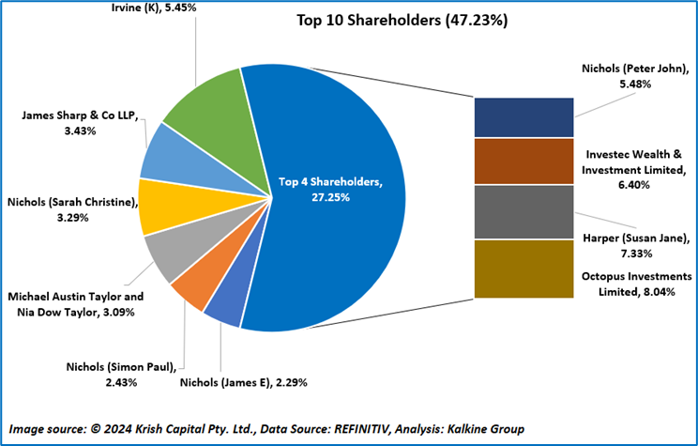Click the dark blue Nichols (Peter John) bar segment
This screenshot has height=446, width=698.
523,117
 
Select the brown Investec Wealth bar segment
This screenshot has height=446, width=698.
523,161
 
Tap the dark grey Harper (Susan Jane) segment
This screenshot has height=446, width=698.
523,212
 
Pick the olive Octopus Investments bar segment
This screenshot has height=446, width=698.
523,269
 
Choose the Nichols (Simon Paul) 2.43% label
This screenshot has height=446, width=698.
122,374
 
